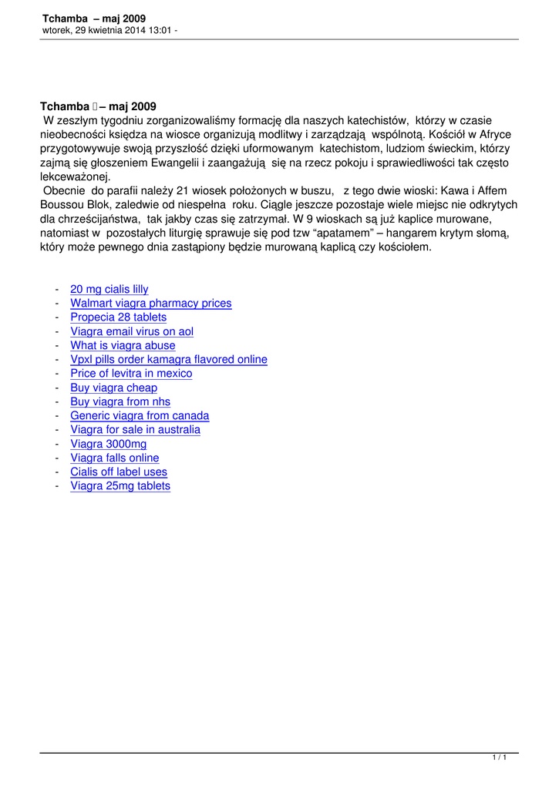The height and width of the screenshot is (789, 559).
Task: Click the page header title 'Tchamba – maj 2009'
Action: coord(94,18)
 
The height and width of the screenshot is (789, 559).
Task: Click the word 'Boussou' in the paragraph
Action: coord(62,204)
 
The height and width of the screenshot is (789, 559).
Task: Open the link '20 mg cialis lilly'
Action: coord(109,290)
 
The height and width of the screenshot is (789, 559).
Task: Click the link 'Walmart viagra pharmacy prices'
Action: coord(151,304)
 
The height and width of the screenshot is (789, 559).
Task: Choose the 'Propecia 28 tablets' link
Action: coord(118,317)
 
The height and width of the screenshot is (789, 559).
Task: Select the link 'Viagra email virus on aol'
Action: coord(132,332)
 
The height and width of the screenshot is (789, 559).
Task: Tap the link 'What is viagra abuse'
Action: coord(123,346)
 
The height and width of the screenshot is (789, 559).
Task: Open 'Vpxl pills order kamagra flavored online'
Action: coord(169,360)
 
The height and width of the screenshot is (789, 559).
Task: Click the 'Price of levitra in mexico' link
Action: coord(131,374)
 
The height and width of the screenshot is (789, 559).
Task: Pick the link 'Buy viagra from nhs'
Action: coord(120,402)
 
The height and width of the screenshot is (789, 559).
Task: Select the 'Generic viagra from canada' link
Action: coord(140,416)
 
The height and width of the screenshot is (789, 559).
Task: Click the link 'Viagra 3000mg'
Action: coord(108,444)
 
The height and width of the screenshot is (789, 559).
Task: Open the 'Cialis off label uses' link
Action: coord(119,472)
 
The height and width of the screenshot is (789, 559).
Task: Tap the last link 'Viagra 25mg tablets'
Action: coord(120,486)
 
